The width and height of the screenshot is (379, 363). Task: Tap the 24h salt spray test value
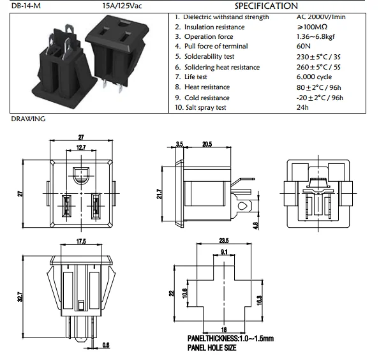tap(303, 107)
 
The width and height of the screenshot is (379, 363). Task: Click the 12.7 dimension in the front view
tap(81, 148)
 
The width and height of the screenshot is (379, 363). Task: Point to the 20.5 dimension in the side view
tap(206, 145)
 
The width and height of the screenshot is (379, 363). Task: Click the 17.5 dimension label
tap(81, 242)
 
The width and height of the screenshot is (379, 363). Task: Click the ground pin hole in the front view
tap(81, 174)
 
